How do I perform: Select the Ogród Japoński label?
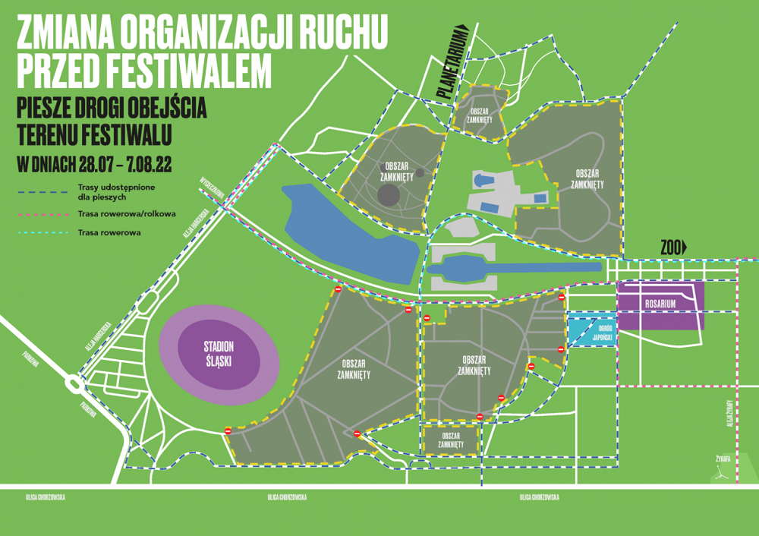[x=594, y=331]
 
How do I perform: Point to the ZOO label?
[x=669, y=247]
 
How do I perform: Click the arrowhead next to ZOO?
[x=684, y=247]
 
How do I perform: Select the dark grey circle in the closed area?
[x=389, y=194]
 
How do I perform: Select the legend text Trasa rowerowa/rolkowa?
[x=126, y=214]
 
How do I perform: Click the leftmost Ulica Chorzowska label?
[x=43, y=497]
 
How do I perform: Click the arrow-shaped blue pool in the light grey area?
[x=483, y=180]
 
